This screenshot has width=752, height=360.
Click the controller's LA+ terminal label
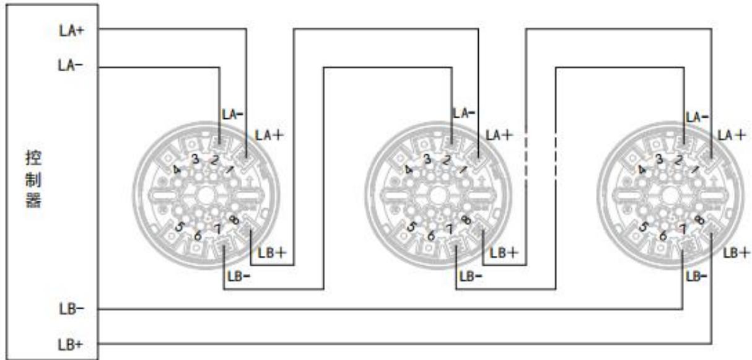[71, 31]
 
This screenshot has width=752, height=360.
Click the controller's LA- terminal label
[70, 65]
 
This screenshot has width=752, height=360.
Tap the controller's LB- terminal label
[71, 309]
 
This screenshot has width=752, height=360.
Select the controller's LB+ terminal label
[71, 345]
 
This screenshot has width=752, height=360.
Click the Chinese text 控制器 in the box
[33, 179]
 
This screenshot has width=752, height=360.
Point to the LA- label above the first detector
[232, 115]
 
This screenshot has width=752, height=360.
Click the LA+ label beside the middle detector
[499, 135]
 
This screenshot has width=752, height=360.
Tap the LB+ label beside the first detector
[272, 253]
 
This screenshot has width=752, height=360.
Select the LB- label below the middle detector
[471, 277]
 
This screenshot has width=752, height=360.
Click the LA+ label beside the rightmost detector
[732, 135]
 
